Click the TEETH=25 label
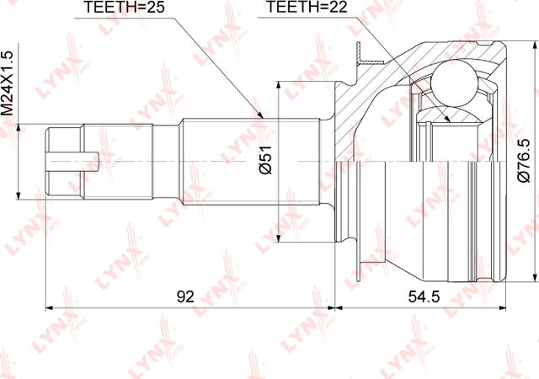(x=124, y=8)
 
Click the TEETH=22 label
(x=307, y=8)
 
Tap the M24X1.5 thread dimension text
(x=7, y=83)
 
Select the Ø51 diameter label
(x=266, y=159)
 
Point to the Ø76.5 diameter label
(x=524, y=160)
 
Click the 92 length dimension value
(x=185, y=296)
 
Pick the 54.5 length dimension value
(x=424, y=296)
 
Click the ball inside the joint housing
(x=454, y=83)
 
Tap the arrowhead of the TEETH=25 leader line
(x=260, y=115)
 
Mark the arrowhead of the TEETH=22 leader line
(x=446, y=118)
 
